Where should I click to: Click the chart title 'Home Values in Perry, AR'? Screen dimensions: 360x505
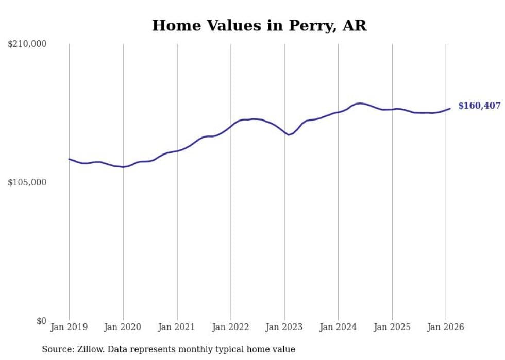pos(259,25)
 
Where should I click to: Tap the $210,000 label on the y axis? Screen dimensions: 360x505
pos(27,44)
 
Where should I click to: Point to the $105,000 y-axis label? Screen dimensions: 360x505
pos(27,182)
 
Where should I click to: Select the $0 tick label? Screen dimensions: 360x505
pos(42,321)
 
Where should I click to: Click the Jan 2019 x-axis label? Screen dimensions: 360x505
pos(69,327)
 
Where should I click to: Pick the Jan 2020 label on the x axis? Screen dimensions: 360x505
pos(123,327)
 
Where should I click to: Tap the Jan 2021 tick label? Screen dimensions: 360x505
pos(177,327)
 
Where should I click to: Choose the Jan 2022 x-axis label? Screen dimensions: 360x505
pos(231,327)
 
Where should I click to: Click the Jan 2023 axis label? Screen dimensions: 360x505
pos(284,327)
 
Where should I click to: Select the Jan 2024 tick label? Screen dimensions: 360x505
pos(338,327)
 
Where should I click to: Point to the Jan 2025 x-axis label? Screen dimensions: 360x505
pos(392,327)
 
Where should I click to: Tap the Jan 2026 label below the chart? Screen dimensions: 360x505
pos(446,327)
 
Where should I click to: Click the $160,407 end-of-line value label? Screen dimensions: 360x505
pos(479,106)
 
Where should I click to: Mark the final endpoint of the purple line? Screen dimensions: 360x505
pos(450,108)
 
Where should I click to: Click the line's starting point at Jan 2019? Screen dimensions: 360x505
pos(69,159)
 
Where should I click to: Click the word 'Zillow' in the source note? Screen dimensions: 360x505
pos(91,349)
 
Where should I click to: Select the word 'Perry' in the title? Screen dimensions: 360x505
pos(314,25)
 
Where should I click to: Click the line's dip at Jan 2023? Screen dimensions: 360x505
pos(289,135)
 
